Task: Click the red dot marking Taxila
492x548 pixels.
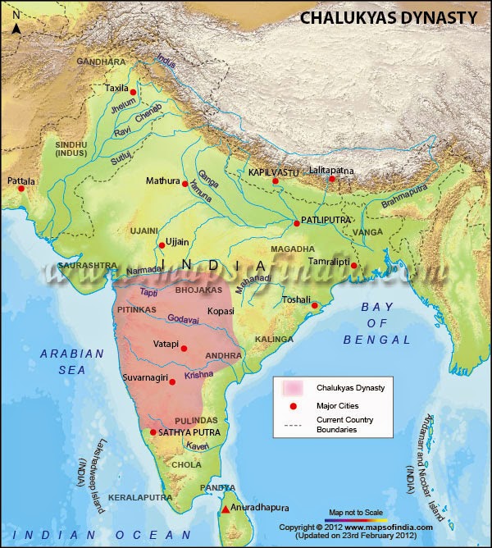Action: pyautogui.click(x=133, y=92)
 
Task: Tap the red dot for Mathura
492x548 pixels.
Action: pyautogui.click(x=185, y=183)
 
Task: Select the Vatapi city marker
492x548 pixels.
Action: pyautogui.click(x=184, y=346)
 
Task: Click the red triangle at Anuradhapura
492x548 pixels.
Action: pyautogui.click(x=225, y=509)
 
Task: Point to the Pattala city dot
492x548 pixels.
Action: pyautogui.click(x=21, y=189)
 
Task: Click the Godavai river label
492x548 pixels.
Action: pyautogui.click(x=183, y=318)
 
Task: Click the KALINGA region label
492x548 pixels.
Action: pyautogui.click(x=274, y=339)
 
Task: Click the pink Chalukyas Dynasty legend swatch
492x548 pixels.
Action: pyautogui.click(x=293, y=387)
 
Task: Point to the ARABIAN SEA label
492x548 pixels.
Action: pyautogui.click(x=71, y=362)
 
